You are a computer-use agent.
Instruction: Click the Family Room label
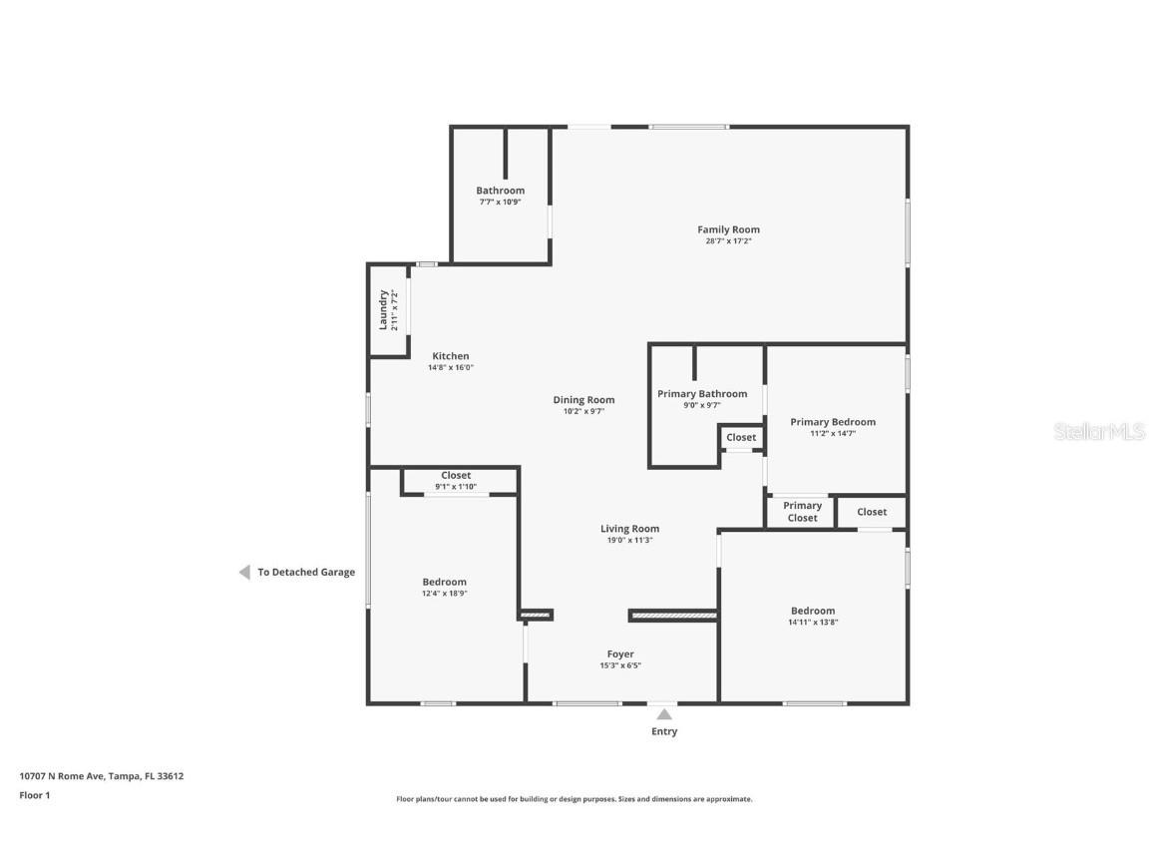click(x=728, y=229)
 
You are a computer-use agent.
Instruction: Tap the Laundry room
click(x=389, y=310)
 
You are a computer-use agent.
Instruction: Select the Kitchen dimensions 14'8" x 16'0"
click(x=450, y=367)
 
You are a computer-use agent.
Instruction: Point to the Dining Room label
click(x=583, y=400)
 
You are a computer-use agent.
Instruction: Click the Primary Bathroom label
click(x=701, y=394)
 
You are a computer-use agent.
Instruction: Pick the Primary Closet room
click(x=801, y=512)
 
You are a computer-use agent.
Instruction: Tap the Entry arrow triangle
click(x=663, y=713)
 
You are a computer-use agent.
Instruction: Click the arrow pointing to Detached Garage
click(x=244, y=573)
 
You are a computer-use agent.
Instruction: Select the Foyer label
click(x=620, y=654)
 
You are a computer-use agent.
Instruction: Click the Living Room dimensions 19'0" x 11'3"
click(x=629, y=540)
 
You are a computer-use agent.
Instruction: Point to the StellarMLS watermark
click(x=1098, y=432)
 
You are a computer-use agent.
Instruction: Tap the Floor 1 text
click(x=34, y=795)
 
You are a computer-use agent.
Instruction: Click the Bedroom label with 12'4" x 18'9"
click(x=444, y=582)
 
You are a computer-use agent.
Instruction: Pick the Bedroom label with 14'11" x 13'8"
click(x=813, y=611)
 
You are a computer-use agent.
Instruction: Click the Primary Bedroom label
click(x=833, y=422)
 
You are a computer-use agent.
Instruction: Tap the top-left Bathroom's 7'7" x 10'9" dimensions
click(x=500, y=202)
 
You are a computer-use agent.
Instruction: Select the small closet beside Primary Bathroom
click(x=741, y=437)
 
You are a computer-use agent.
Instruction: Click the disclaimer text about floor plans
click(x=574, y=799)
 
